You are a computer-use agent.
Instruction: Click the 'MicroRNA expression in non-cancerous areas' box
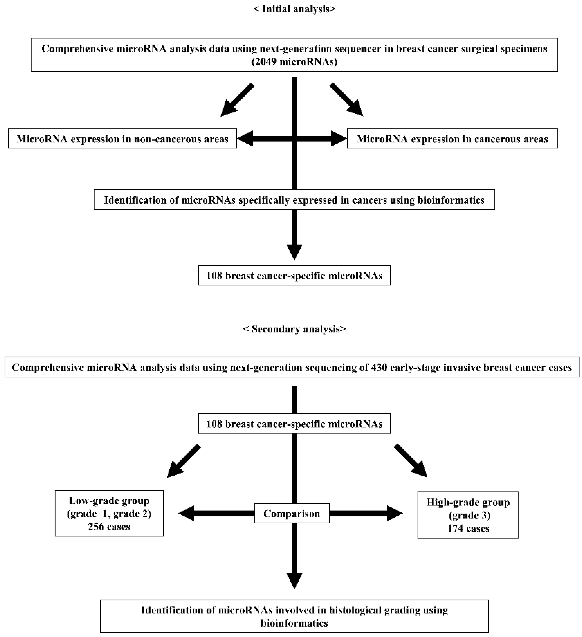click(122, 139)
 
